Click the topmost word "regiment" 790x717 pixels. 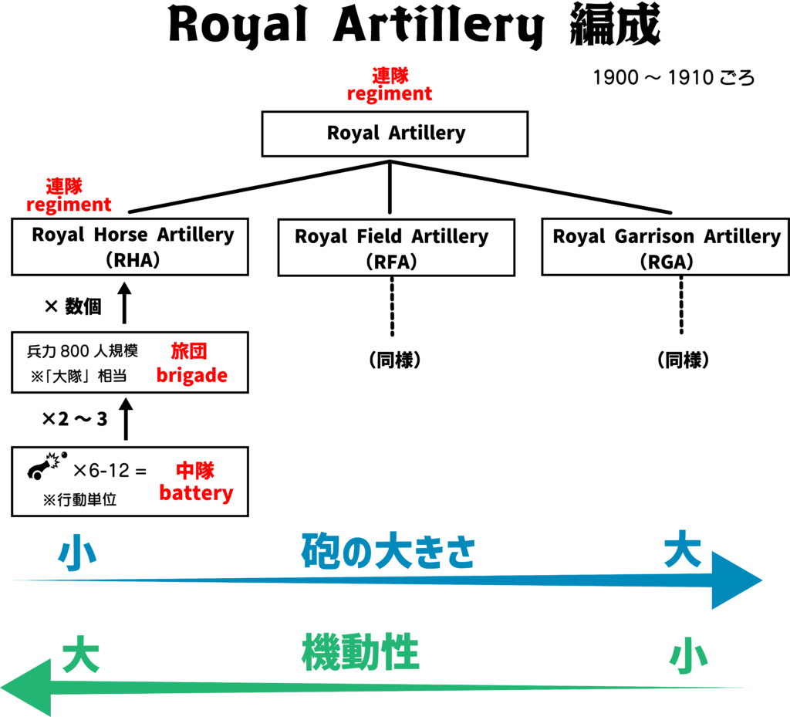390,94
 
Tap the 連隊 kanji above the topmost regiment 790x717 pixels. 390,75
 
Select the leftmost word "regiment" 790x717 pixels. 69,205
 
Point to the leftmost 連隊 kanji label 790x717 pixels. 64,186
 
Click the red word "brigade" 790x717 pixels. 191,375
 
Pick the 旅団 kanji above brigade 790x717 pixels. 189,351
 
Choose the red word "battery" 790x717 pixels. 196,493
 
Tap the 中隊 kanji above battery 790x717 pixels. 194,470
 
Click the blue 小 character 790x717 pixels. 77,553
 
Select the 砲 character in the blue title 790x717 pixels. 319,551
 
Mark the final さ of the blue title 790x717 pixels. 460,553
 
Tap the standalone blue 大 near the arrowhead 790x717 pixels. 682,550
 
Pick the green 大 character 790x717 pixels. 80,655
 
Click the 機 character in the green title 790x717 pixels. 320,653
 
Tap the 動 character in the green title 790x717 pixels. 360,653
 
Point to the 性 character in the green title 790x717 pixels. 400,653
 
